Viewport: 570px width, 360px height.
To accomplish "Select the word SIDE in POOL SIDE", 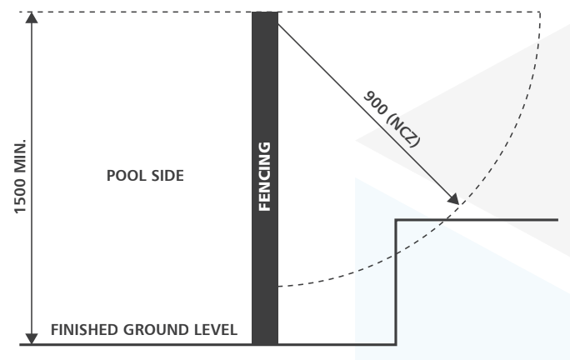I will (165, 177).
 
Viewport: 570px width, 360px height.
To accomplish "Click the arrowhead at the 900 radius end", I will (453, 200).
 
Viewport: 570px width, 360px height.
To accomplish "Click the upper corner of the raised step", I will (395, 220).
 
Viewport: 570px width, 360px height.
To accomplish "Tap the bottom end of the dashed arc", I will (279, 286).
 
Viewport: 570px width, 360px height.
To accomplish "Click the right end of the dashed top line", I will (540, 12).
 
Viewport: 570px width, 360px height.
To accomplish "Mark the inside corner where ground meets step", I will (395, 343).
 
